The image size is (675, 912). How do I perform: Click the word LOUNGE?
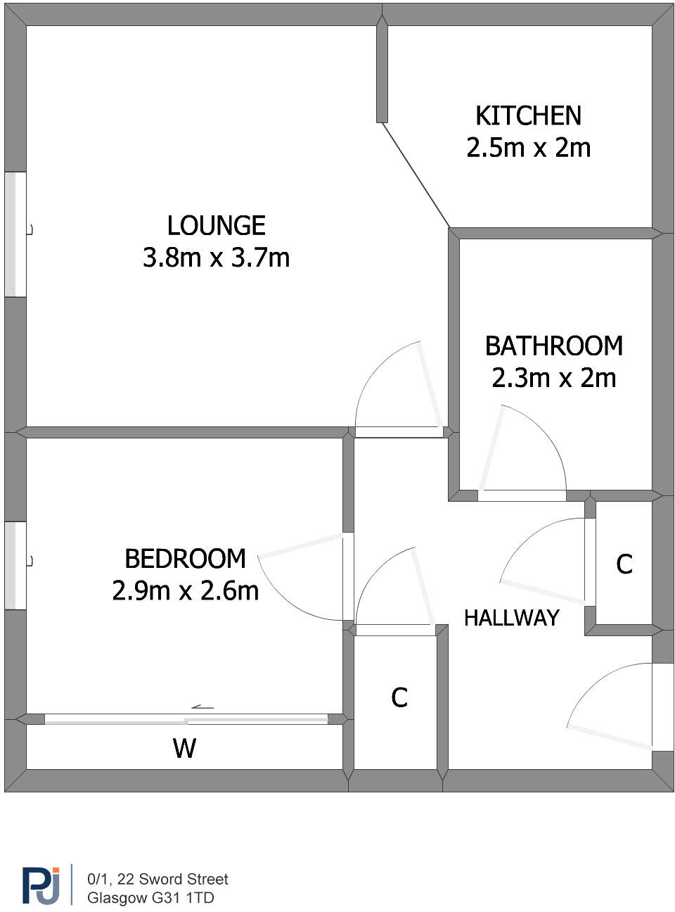(216, 226)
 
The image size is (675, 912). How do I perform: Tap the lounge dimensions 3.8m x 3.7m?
(216, 258)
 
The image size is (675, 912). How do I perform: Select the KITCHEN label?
(528, 116)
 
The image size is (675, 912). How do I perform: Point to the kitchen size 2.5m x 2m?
(528, 148)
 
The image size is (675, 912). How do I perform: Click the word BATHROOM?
(553, 346)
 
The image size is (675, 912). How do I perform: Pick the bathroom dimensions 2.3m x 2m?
(553, 378)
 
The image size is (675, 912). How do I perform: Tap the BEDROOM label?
(185, 559)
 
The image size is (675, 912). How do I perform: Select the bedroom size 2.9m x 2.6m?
(185, 590)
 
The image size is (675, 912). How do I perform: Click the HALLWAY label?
(511, 618)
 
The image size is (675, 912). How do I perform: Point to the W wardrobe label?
(184, 748)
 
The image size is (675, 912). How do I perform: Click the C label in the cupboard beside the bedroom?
(399, 697)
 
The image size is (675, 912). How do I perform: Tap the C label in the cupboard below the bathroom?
(624, 564)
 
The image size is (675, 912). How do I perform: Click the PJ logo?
(41, 885)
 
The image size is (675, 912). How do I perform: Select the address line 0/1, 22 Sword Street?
(157, 879)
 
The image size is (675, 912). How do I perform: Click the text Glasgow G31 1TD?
(150, 898)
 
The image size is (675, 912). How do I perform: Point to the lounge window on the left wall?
(15, 234)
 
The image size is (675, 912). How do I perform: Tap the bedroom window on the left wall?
(15, 565)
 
